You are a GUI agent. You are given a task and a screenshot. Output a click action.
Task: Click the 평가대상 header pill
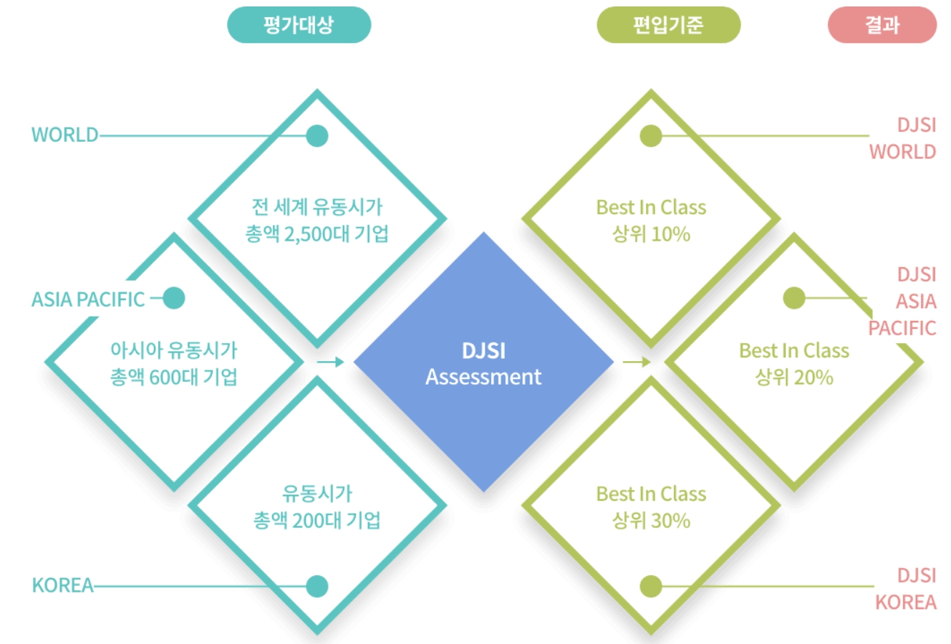[x=299, y=25]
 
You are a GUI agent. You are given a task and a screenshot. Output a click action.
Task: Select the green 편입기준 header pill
[x=668, y=25]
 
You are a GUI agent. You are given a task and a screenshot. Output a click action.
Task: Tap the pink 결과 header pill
[x=882, y=25]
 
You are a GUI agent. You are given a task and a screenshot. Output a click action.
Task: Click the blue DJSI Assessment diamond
[x=483, y=362]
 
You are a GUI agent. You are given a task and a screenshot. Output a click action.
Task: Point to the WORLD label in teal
[x=64, y=135]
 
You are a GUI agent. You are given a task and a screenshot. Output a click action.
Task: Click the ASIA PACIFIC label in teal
[x=88, y=299]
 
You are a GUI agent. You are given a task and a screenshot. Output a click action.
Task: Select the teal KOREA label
[x=63, y=585]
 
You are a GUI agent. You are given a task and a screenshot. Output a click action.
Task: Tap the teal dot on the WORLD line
[x=317, y=135]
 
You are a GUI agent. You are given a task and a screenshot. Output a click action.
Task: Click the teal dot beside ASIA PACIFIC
[x=174, y=298]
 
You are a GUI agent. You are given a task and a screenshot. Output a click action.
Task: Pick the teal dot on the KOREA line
[x=317, y=586]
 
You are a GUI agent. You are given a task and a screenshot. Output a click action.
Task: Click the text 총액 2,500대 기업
[x=317, y=234]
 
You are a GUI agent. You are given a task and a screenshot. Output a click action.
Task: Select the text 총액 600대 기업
[x=173, y=377]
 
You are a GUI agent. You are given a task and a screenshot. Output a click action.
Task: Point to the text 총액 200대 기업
[x=317, y=520]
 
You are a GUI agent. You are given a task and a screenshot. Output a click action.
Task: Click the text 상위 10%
[x=651, y=234]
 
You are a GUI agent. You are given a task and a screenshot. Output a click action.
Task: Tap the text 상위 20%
[x=794, y=377]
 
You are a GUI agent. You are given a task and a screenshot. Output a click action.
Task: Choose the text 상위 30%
[x=651, y=520]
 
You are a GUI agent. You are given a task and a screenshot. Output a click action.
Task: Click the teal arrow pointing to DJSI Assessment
[x=330, y=362]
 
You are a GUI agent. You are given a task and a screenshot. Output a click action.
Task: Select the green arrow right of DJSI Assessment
[x=636, y=362]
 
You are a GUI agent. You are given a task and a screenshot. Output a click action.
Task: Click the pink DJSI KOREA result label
[x=906, y=589]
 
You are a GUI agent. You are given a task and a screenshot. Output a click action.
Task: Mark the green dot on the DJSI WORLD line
[x=651, y=135]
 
